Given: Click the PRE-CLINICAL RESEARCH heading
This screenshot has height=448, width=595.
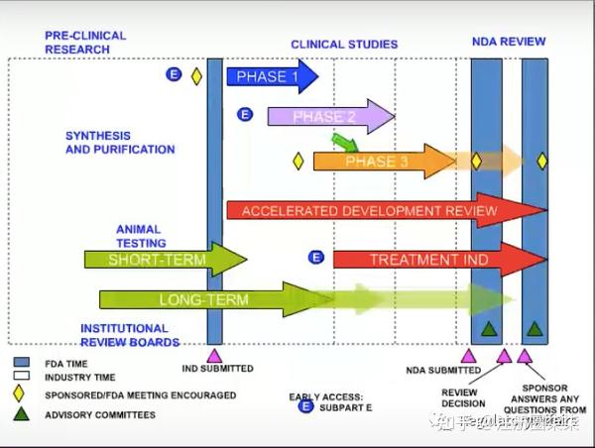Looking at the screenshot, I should (85, 43).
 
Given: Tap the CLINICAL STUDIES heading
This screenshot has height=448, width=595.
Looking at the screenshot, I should (343, 45).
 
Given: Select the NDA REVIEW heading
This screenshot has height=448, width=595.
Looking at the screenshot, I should (508, 42).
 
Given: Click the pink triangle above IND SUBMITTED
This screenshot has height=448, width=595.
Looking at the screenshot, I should (213, 355).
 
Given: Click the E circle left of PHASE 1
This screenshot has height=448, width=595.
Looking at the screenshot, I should (174, 74).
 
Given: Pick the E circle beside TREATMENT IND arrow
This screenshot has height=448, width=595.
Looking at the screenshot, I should (316, 258).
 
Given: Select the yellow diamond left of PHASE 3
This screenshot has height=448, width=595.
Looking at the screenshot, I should (297, 161).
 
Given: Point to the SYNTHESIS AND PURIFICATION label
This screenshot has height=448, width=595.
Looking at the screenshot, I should (120, 143).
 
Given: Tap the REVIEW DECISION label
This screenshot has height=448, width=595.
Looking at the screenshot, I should (463, 396).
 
